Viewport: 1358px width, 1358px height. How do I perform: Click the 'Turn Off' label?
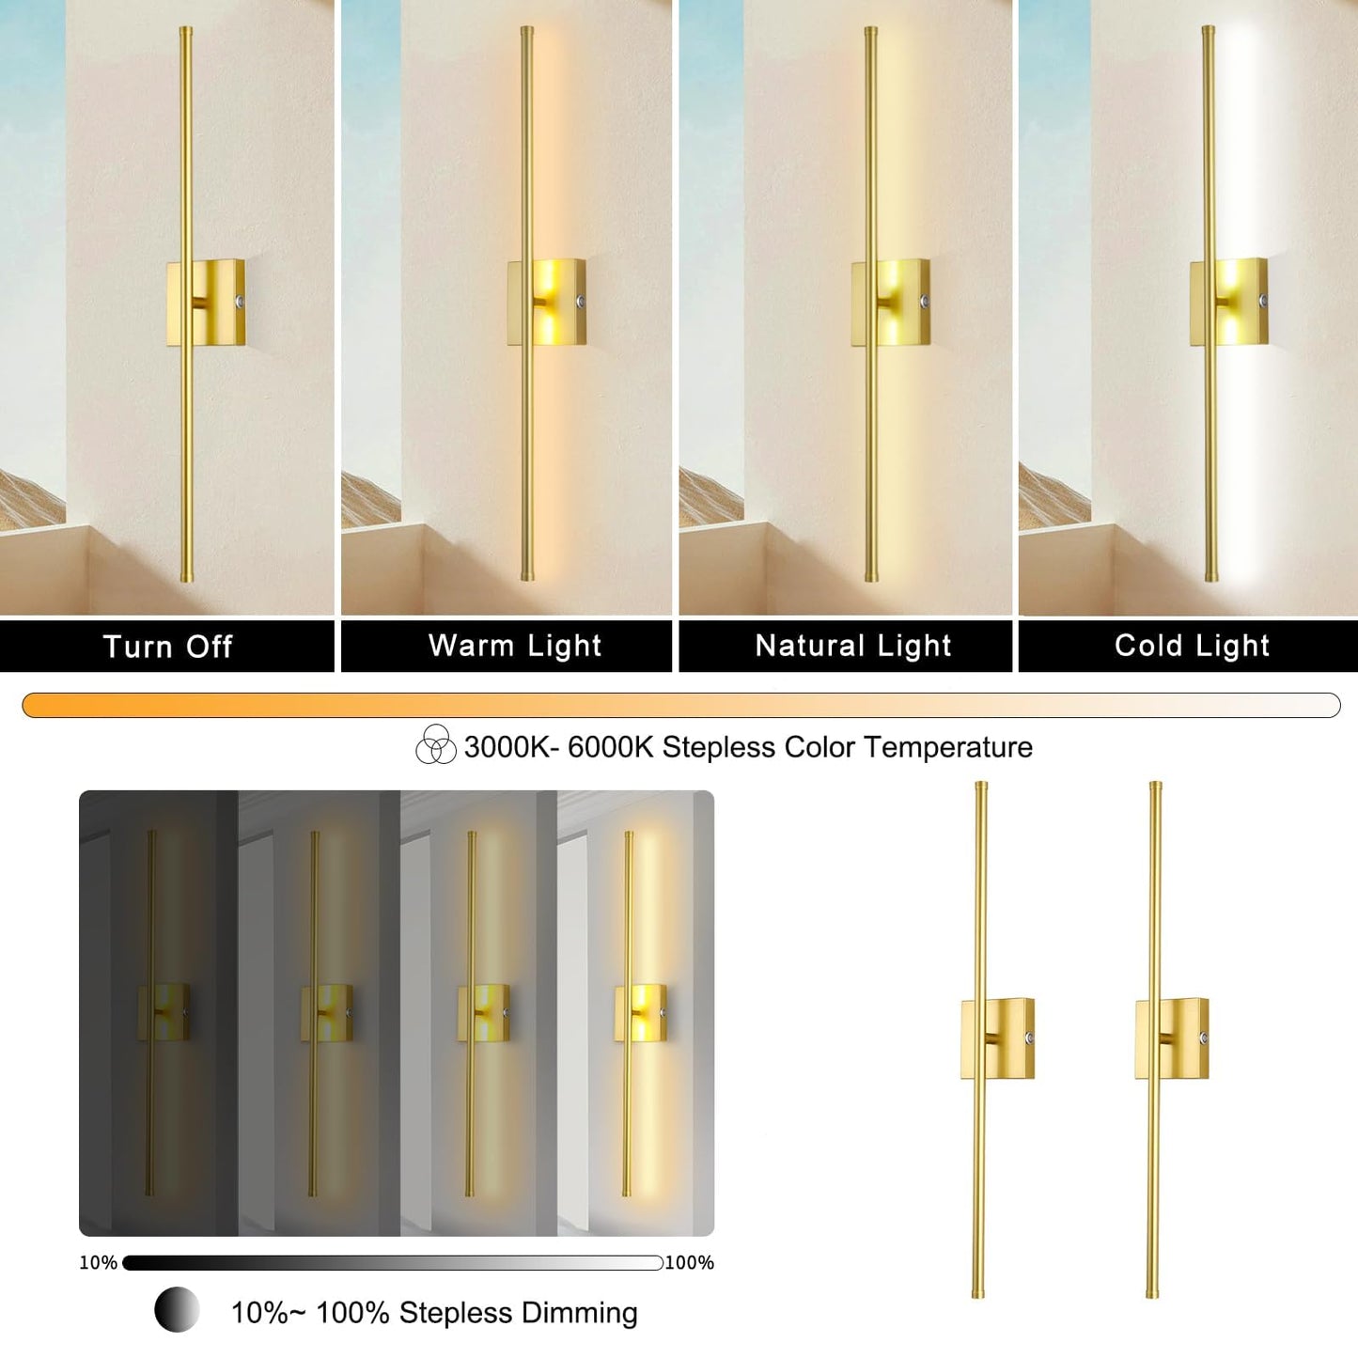[x=167, y=647]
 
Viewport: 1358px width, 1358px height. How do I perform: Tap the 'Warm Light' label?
[x=514, y=646]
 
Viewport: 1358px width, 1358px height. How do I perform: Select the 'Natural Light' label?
[x=853, y=646]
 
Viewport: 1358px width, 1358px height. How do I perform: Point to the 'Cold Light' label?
[x=1192, y=646]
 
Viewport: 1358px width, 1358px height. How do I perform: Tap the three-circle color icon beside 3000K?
[x=435, y=745]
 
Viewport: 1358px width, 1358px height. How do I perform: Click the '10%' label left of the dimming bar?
[x=98, y=1262]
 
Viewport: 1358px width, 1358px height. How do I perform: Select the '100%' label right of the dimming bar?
[x=690, y=1262]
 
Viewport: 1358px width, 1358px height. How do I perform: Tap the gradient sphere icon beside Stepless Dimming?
[x=177, y=1309]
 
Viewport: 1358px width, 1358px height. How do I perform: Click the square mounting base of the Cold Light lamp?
[x=1230, y=303]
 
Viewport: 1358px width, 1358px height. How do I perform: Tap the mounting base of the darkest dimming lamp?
[x=165, y=1012]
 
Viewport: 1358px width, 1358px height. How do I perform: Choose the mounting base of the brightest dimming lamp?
[x=641, y=1012]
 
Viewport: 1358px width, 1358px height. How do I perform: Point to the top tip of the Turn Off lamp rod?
[x=185, y=31]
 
